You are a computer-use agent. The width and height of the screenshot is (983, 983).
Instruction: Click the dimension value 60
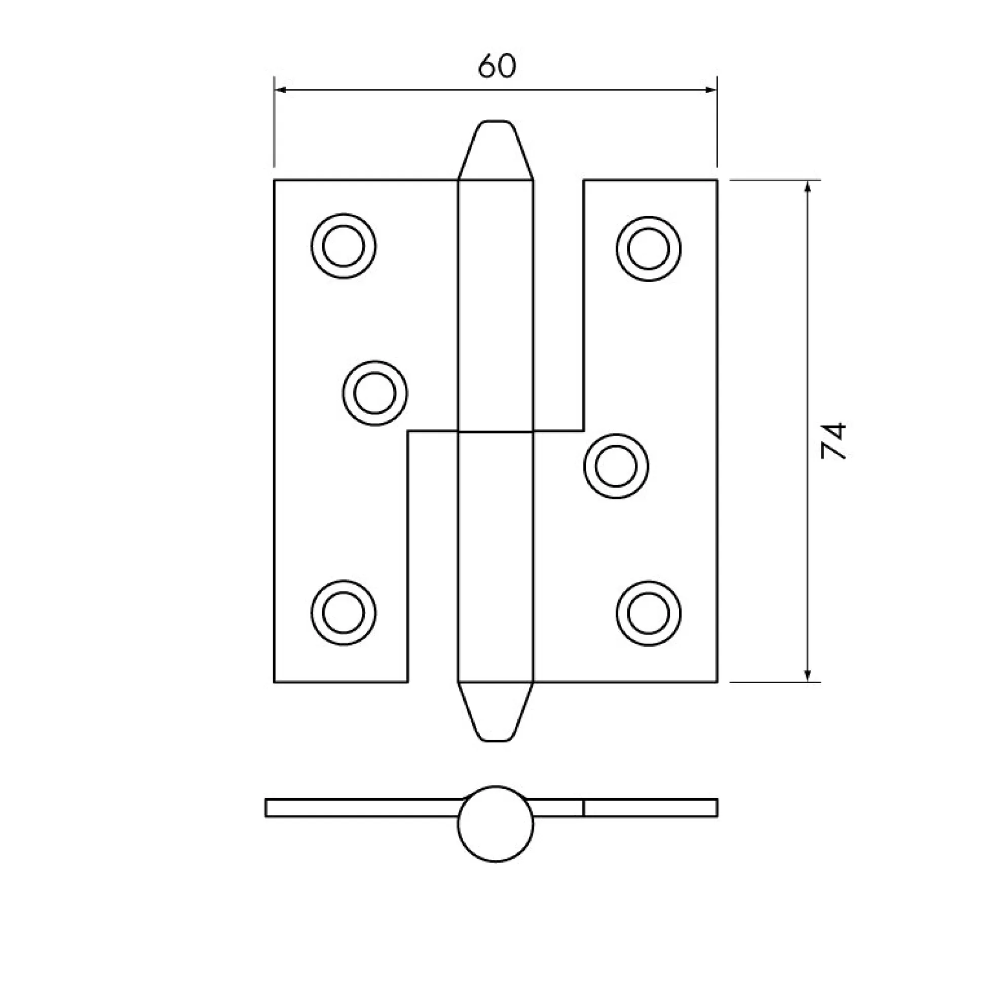[497, 66]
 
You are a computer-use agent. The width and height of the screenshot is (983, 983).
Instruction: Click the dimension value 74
[834, 441]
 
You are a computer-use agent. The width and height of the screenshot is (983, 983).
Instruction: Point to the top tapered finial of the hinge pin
[496, 150]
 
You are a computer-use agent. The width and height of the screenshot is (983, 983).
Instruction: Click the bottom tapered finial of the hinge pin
[496, 712]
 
